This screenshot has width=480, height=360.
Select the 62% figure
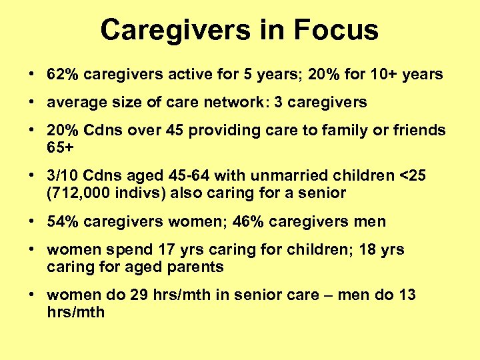pos(61,74)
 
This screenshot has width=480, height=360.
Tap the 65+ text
pos(61,147)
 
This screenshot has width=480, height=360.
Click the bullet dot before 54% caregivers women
pos(33,221)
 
